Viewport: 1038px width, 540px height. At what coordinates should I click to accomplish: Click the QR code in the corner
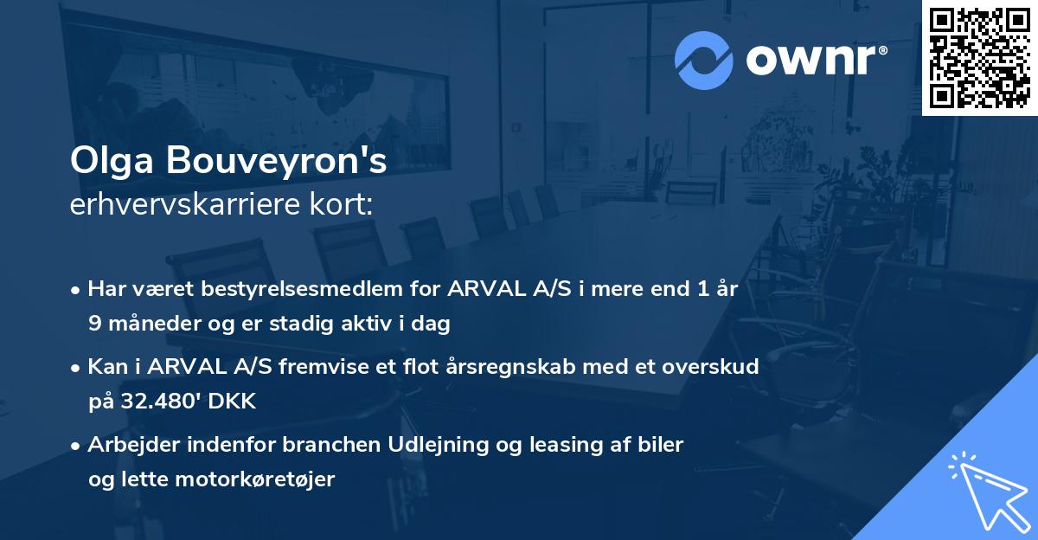980,57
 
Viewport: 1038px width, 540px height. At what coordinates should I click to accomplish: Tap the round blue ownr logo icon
704,60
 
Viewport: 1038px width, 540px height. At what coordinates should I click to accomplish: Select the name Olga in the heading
103,162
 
